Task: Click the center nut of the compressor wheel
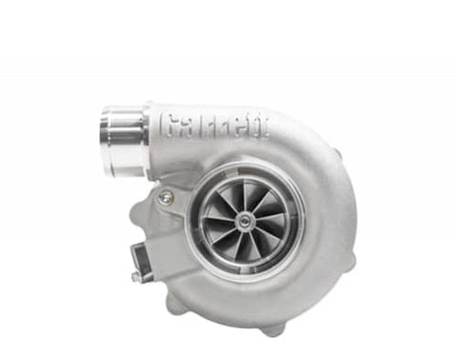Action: click(245, 220)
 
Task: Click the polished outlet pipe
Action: click(125, 140)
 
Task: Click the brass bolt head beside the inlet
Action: click(166, 195)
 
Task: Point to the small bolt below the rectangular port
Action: click(135, 276)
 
